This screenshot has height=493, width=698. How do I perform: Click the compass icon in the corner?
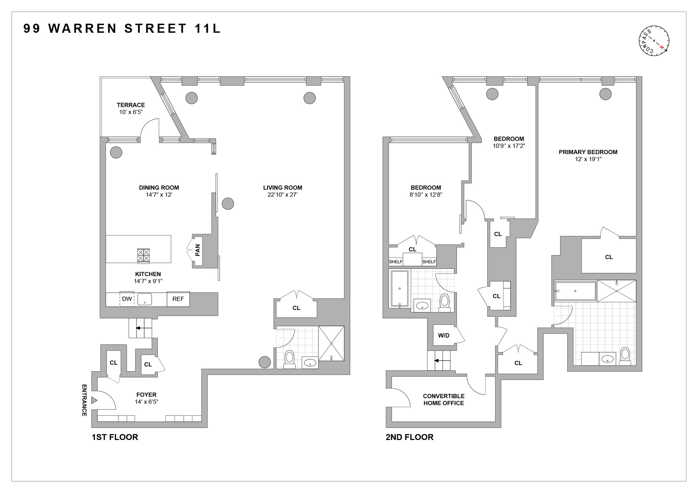coord(654,41)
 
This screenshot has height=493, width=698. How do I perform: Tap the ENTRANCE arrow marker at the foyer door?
coord(94,400)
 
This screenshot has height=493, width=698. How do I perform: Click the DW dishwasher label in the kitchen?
coord(127,299)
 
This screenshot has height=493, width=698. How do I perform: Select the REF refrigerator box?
coord(178,299)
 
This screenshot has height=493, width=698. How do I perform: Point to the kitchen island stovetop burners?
coord(143,255)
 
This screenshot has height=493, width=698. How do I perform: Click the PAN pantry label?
coord(197,250)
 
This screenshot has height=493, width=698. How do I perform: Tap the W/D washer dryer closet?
coord(444,335)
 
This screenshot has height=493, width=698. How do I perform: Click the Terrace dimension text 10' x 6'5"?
coord(131,112)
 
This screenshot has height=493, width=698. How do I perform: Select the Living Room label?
coord(282,187)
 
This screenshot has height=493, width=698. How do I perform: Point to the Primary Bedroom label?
coord(588,152)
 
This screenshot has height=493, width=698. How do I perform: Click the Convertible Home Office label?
coord(444,399)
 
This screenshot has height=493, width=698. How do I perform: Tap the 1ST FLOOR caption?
coord(115,437)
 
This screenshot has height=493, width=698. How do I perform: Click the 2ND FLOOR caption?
coord(409,437)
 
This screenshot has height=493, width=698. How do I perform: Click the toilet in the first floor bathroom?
coord(289,358)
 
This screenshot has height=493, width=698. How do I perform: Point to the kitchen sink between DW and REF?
coord(145,299)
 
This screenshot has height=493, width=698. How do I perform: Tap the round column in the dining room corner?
coord(116,152)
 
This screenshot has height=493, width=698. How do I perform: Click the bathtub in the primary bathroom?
coord(575,291)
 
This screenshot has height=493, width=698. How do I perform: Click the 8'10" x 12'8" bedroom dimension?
coord(426,194)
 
